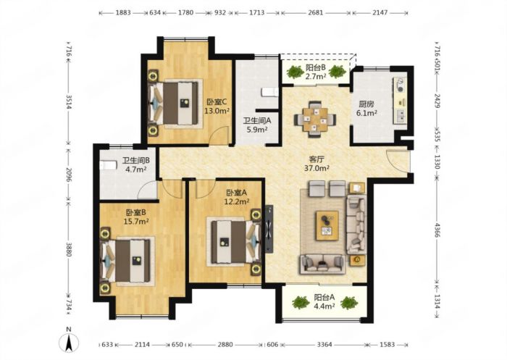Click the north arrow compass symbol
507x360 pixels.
(x=69, y=342)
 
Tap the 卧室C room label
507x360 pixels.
(x=217, y=102)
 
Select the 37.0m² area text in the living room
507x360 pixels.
(x=317, y=168)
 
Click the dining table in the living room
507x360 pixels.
(x=315, y=120)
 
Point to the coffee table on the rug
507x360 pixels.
(x=327, y=225)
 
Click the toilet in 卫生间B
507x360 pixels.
(x=108, y=166)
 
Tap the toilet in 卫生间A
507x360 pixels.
(x=269, y=92)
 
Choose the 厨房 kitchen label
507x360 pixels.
(x=366, y=104)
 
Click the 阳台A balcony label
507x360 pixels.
(x=324, y=297)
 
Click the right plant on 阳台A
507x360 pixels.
(x=349, y=303)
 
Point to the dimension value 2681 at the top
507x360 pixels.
(x=315, y=12)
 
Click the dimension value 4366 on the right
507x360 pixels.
(x=437, y=230)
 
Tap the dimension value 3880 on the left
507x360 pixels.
(x=68, y=249)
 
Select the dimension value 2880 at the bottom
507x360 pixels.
(x=225, y=345)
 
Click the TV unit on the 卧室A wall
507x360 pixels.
(x=269, y=228)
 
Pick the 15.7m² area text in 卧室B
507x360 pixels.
(x=136, y=222)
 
